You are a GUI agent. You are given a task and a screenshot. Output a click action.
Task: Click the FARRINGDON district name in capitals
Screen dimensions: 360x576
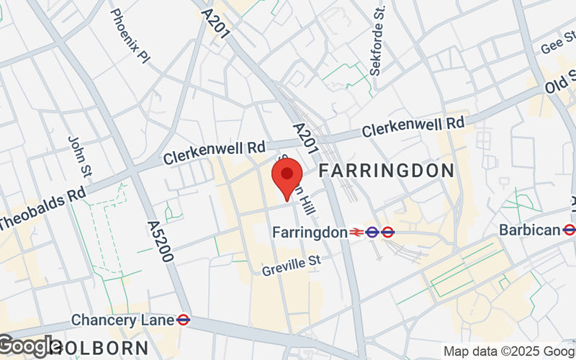tap(386, 171)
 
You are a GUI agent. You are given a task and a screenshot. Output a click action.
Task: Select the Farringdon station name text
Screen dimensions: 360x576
tap(310, 232)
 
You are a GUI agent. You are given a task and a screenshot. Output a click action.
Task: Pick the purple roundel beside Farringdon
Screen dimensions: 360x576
tap(372, 232)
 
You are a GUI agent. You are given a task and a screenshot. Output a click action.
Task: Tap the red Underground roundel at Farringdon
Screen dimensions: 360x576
tap(388, 232)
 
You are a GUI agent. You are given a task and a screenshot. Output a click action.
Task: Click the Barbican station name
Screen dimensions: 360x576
tap(531, 230)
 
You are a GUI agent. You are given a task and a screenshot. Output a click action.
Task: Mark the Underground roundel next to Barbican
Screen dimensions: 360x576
tap(569, 230)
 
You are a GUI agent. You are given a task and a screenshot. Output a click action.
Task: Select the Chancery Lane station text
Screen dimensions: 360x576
tap(122, 319)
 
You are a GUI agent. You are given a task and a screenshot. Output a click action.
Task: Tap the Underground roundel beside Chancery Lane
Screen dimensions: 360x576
tap(183, 319)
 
